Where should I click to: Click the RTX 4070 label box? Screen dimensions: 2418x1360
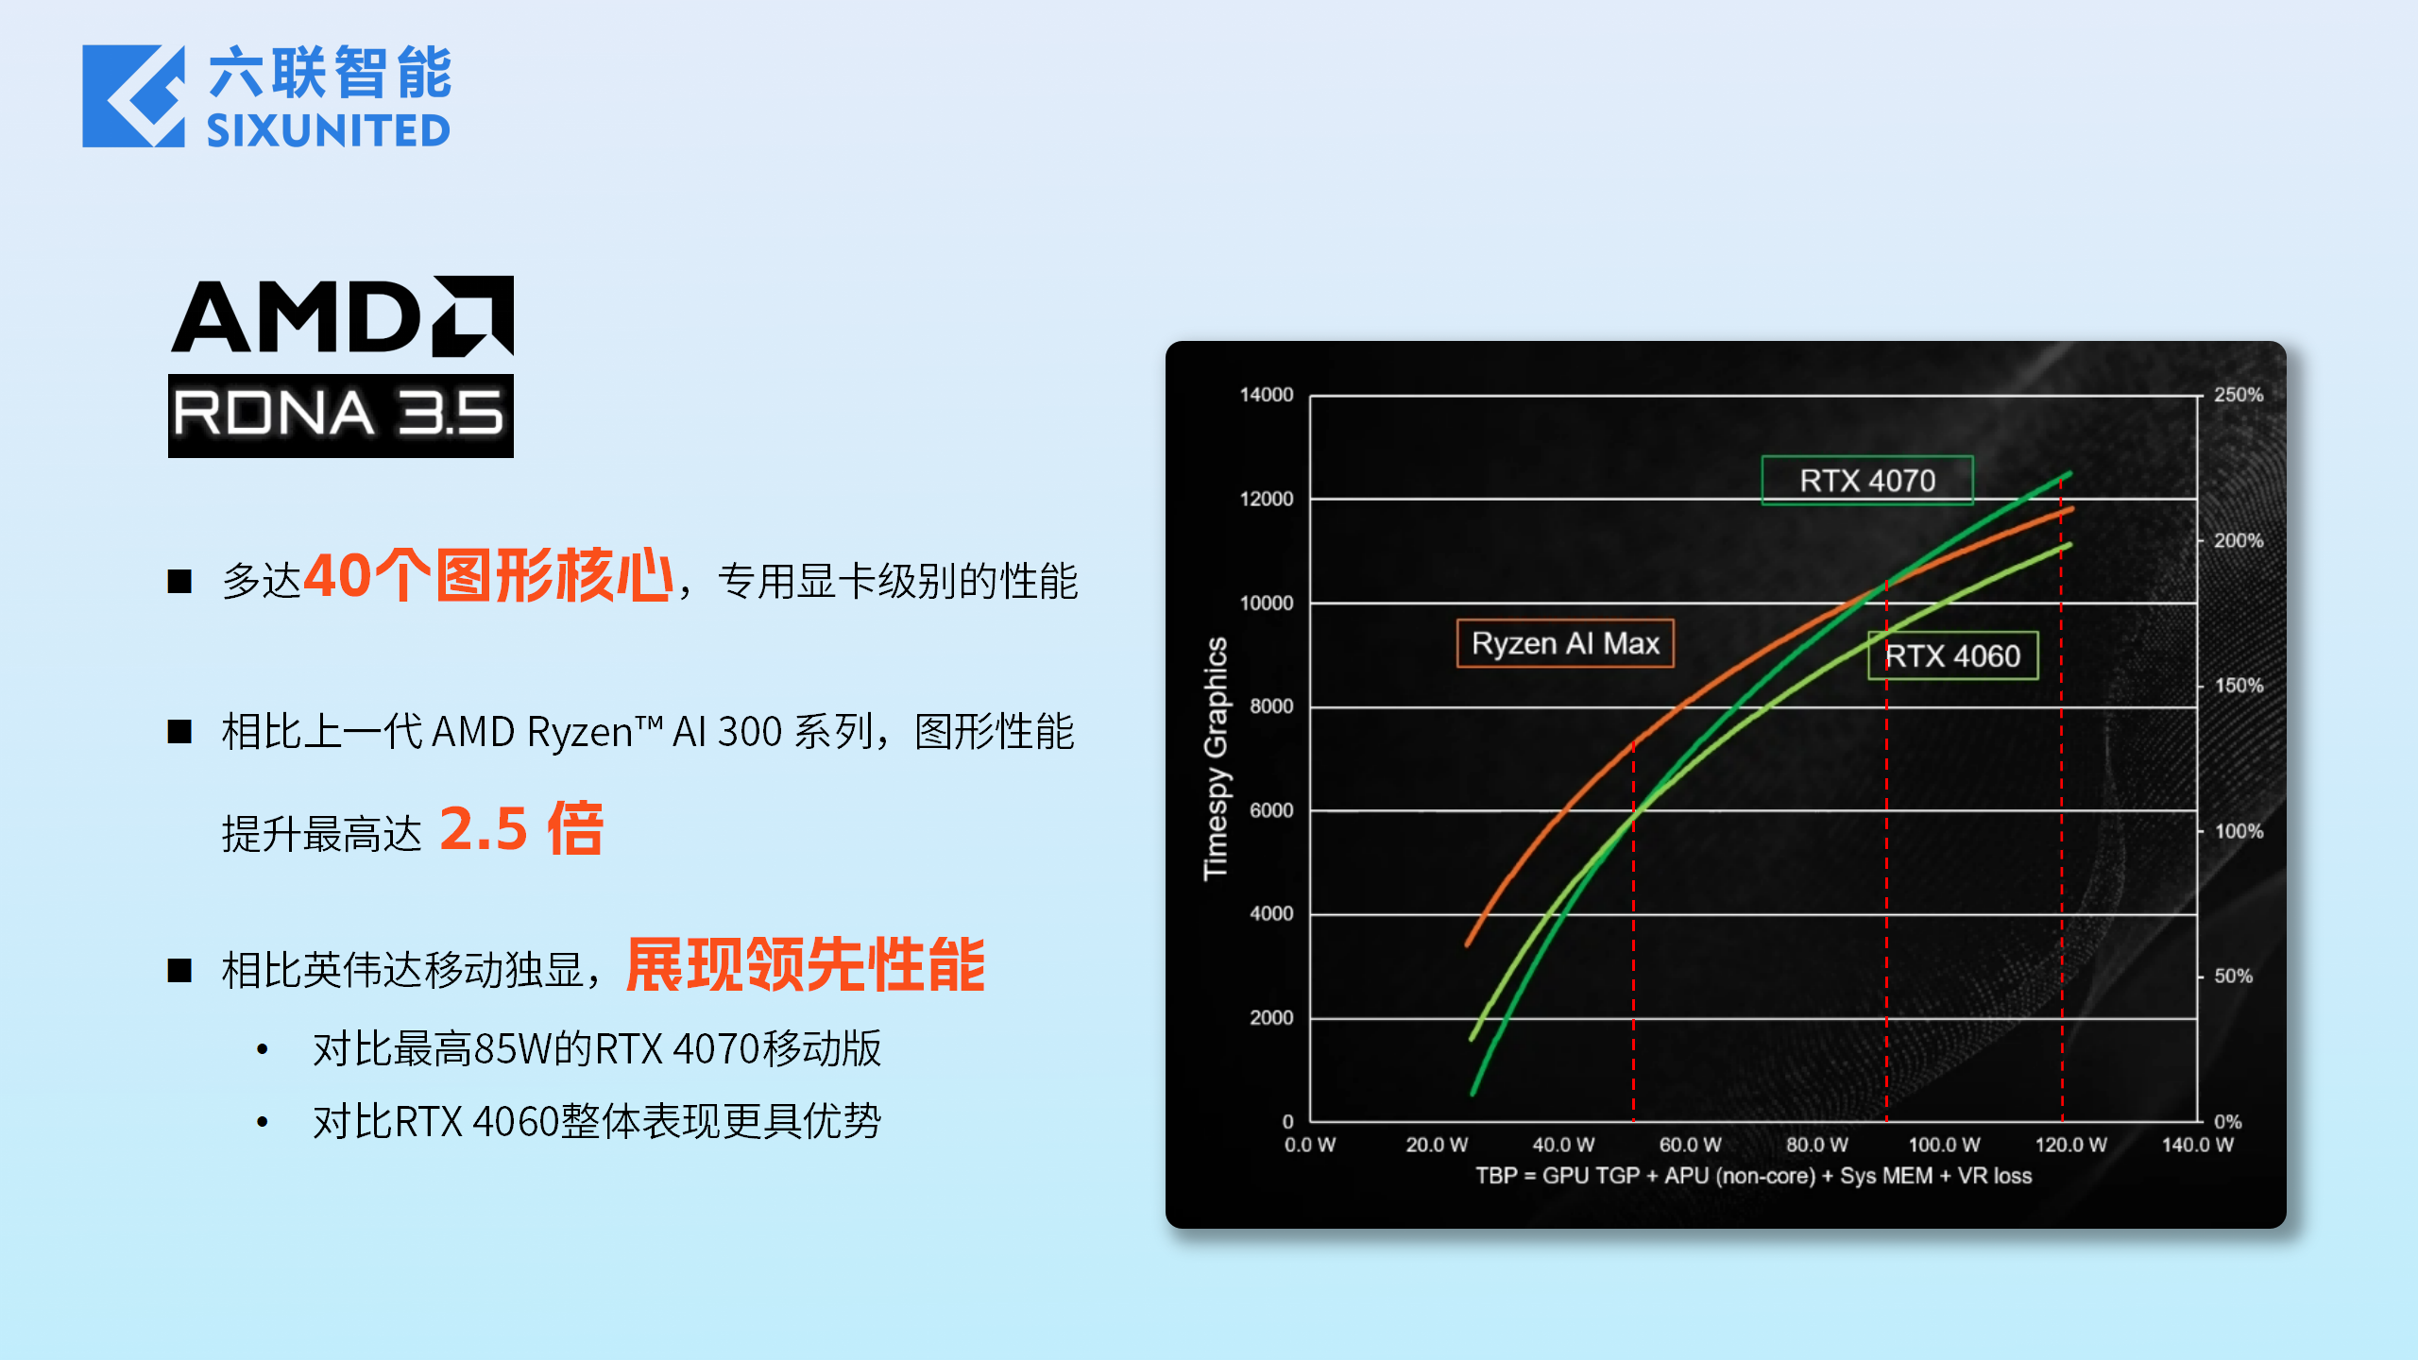pyautogui.click(x=1866, y=481)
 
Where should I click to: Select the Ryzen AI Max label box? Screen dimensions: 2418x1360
pyautogui.click(x=1565, y=643)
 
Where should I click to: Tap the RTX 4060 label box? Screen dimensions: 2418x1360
pyautogui.click(x=1952, y=655)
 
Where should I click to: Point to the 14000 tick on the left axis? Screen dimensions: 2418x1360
pyautogui.click(x=1266, y=395)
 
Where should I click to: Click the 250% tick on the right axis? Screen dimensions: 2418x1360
pyautogui.click(x=2239, y=395)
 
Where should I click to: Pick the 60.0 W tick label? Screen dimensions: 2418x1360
pyautogui.click(x=1690, y=1145)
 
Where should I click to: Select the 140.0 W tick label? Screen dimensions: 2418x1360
pyautogui.click(x=2197, y=1145)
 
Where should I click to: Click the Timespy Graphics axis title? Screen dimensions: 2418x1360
pyautogui.click(x=1216, y=758)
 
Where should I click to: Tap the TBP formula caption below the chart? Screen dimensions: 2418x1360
pyautogui.click(x=1753, y=1176)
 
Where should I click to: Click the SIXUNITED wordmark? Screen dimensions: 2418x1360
pyautogui.click(x=329, y=130)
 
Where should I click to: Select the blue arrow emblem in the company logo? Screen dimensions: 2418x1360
pyautogui.click(x=133, y=96)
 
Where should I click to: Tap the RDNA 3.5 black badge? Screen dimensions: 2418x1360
pyautogui.click(x=341, y=416)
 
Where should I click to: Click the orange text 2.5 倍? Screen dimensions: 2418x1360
pyautogui.click(x=521, y=828)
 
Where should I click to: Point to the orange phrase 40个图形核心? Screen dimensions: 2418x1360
pyautogui.click(x=489, y=575)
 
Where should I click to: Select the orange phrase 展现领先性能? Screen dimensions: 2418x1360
pyautogui.click(x=806, y=965)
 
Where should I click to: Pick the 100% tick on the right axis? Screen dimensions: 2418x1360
pyautogui.click(x=2239, y=831)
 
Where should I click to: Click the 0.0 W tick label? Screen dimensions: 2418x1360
pyautogui.click(x=1309, y=1145)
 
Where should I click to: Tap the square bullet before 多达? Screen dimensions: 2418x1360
pyautogui.click(x=179, y=581)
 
